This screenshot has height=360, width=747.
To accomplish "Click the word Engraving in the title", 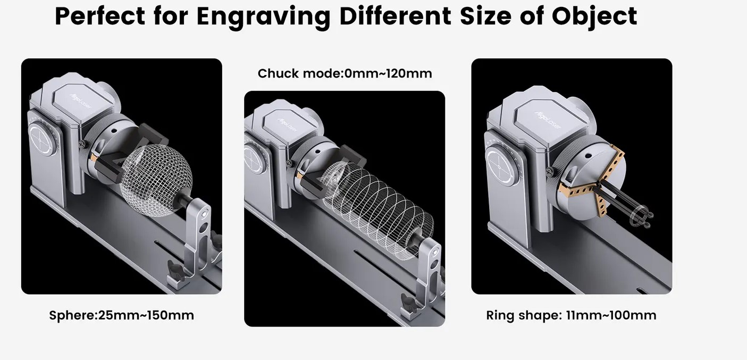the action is click(264, 16).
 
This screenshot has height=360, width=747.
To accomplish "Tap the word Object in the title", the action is click(594, 16).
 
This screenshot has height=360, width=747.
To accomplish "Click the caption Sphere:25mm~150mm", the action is click(121, 315).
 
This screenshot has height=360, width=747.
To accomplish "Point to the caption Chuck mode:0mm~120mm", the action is click(345, 73).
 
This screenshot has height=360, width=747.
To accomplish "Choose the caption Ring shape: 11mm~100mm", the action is click(571, 315).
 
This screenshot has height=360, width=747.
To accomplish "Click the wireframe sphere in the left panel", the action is click(156, 180).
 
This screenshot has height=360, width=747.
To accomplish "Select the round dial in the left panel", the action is click(41, 140).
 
